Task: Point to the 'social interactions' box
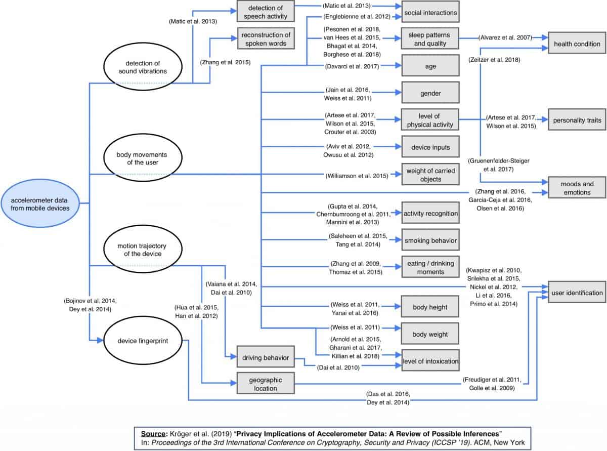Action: (x=430, y=12)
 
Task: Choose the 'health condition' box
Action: (x=577, y=44)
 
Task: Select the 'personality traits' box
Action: (x=577, y=120)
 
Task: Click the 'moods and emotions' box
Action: (x=577, y=188)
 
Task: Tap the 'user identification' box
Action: (x=577, y=293)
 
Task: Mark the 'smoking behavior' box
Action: (x=430, y=240)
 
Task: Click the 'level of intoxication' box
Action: (x=430, y=361)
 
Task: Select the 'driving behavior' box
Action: (x=266, y=358)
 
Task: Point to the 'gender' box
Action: (x=430, y=93)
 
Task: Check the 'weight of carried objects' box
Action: (x=430, y=175)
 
